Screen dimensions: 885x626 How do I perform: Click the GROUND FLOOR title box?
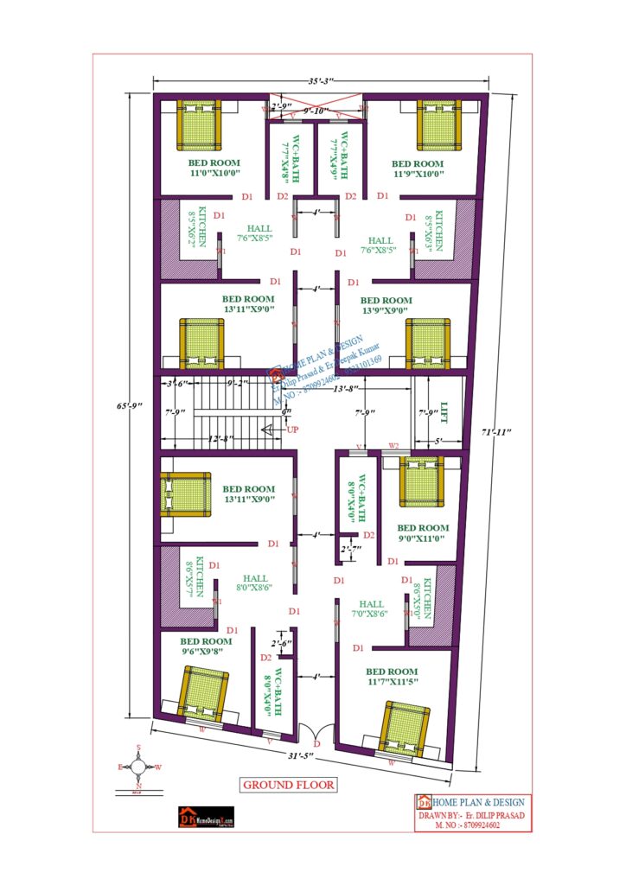[x=288, y=785]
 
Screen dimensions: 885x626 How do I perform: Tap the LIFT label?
[x=444, y=412]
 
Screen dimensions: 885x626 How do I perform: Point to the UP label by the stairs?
[x=292, y=430]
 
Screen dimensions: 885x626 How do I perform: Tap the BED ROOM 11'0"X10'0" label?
[x=214, y=168]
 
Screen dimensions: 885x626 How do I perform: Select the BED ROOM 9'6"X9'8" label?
[x=206, y=646]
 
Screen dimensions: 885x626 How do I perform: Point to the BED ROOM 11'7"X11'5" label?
[x=391, y=677]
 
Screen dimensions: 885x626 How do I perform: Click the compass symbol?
[x=138, y=766]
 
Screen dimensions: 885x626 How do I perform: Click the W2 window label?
[x=394, y=445]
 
